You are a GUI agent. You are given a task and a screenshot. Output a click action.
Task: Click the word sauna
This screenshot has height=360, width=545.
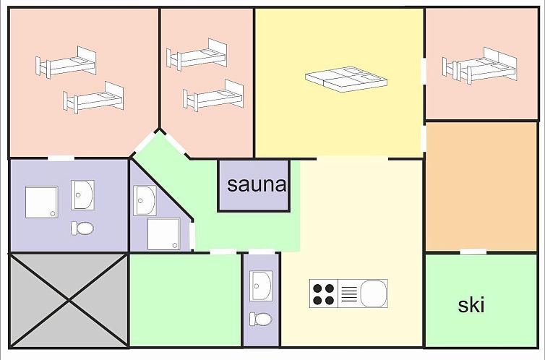click(x=257, y=184)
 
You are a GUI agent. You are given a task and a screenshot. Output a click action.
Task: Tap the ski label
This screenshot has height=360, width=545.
click(x=471, y=305)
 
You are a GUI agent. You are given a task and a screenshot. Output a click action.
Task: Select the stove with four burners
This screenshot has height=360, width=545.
click(x=324, y=293)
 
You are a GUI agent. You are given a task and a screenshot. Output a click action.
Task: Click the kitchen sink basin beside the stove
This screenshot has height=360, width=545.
click(x=374, y=293)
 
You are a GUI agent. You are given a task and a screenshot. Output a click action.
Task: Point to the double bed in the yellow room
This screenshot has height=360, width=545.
click(x=346, y=80)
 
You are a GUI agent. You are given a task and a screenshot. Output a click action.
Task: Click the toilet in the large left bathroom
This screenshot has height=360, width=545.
click(x=82, y=228)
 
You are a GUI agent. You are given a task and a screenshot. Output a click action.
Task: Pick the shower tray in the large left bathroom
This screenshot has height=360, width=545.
click(x=42, y=202)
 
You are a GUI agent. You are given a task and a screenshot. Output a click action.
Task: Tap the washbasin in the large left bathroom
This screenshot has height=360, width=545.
click(x=82, y=195)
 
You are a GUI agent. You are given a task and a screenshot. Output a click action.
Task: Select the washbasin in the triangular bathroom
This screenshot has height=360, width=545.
click(x=145, y=200)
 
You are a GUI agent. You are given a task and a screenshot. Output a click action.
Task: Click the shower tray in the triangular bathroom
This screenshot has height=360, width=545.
click(x=163, y=234)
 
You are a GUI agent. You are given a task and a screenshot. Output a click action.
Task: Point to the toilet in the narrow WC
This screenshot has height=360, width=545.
click(x=261, y=319)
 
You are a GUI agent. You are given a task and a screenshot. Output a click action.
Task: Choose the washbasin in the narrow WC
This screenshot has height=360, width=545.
click(x=261, y=286)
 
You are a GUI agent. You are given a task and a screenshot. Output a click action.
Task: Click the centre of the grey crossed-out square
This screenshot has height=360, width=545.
click(x=69, y=300)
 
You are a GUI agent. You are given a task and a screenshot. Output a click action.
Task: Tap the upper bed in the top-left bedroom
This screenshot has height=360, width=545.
click(x=66, y=63)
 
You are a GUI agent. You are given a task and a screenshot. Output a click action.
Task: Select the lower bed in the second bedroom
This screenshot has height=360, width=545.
click(x=213, y=95)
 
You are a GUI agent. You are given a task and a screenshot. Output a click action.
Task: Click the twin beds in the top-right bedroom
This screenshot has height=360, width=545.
click(x=480, y=66)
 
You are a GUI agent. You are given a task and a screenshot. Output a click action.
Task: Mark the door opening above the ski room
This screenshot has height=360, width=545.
click(x=473, y=252)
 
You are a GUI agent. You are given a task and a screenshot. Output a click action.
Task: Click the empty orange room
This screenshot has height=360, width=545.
click(x=481, y=187)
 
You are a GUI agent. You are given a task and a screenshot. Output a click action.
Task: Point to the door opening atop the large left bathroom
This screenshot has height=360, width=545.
click(x=61, y=158)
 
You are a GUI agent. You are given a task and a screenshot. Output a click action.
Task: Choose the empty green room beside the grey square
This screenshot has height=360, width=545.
click(x=185, y=300)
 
